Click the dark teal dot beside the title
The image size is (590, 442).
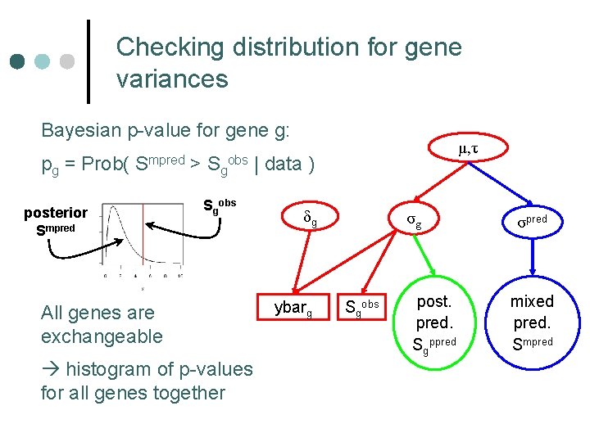click(17, 61)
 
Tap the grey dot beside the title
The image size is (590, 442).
click(67, 61)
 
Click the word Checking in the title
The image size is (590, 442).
click(170, 47)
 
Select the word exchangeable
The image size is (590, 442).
click(102, 336)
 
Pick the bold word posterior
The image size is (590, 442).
click(56, 213)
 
